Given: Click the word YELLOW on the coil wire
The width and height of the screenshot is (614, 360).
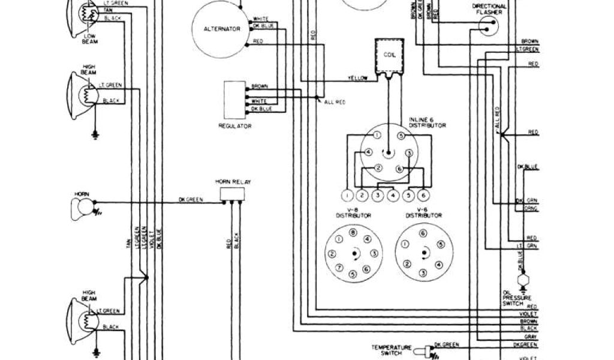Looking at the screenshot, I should click(358, 79).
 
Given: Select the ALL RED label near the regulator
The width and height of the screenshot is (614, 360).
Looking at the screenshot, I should click(334, 103).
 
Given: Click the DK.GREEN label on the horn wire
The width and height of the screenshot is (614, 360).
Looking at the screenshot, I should click(191, 199).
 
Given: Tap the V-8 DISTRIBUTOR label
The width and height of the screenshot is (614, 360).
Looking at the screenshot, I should click(353, 212).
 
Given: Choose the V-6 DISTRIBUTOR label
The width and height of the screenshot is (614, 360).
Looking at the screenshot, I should click(424, 212).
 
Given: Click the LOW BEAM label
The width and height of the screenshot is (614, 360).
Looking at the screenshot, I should click(90, 40).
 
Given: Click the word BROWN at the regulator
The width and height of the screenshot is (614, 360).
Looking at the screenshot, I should click(260, 86).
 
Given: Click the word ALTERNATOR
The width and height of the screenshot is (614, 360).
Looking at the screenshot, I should click(218, 29).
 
